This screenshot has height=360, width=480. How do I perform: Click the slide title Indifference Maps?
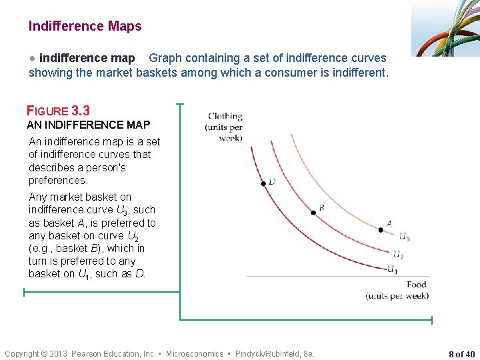[x=85, y=27]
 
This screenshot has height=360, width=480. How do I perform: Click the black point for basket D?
[x=263, y=183]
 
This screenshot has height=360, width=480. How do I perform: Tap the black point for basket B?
[x=313, y=213]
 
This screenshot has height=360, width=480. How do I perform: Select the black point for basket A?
[x=381, y=230]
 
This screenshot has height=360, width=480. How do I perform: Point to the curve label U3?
[x=404, y=237]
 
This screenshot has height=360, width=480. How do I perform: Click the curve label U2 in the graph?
[x=398, y=255]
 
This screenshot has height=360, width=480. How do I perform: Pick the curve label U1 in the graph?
[x=393, y=270]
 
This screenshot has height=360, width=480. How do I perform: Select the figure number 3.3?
[x=81, y=111]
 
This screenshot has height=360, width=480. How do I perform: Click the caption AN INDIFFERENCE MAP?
[x=88, y=125]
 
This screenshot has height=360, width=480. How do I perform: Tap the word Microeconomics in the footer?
[x=195, y=354]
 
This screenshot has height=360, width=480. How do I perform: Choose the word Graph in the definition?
[x=164, y=59]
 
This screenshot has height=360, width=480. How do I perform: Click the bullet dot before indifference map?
[x=32, y=59]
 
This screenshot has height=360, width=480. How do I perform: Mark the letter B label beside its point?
[x=321, y=208]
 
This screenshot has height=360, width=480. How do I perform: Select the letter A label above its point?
[x=389, y=224]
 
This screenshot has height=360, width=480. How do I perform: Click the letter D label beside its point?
[x=272, y=181]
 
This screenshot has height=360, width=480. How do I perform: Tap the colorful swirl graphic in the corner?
[x=446, y=28]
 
